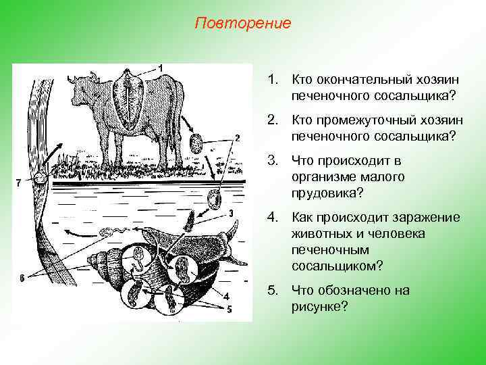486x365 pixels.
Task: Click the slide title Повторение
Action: click(x=242, y=24)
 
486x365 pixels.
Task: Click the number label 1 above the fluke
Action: click(x=161, y=67)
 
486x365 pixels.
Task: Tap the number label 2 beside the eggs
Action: click(x=238, y=139)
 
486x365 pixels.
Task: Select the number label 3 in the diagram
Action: click(x=231, y=213)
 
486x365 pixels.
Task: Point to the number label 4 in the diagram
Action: click(x=226, y=296)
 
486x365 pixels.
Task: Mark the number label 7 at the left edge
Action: click(x=18, y=182)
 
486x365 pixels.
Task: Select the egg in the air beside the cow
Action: click(x=196, y=143)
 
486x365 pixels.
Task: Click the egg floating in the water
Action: click(x=215, y=200)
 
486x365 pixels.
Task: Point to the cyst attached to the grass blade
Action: click(x=41, y=179)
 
